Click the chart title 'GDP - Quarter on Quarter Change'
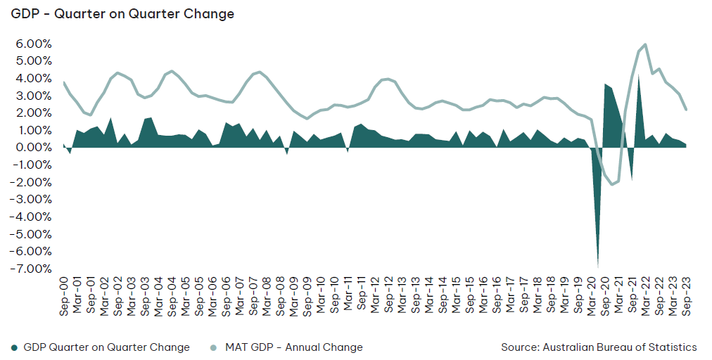tap(122, 14)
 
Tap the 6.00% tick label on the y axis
tap(34, 44)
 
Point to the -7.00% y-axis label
tap(32, 269)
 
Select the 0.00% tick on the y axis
tap(34, 148)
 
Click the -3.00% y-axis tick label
tap(32, 199)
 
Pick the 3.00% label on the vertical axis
tap(34, 96)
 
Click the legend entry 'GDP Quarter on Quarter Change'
tap(107, 348)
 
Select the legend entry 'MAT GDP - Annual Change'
tap(294, 348)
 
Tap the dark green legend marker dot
tap(15, 348)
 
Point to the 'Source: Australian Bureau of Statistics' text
tap(599, 347)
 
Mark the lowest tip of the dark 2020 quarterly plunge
tap(598, 267)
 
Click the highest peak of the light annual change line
tap(645, 44)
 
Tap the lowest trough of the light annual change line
tap(611, 184)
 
